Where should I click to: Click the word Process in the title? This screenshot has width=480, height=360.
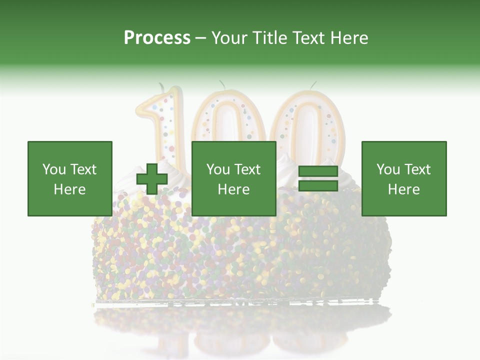point(157,38)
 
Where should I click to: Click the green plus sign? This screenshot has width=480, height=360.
point(152,178)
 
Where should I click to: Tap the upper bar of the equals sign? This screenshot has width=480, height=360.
point(318,172)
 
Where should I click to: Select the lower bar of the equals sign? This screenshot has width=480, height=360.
point(318,185)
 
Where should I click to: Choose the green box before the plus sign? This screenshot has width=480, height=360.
point(70,178)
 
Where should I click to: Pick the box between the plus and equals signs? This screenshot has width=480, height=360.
point(234,178)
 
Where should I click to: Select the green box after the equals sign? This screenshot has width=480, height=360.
point(404,178)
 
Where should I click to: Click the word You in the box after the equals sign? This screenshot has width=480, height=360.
point(387,169)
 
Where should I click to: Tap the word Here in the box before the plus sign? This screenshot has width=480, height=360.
point(70,189)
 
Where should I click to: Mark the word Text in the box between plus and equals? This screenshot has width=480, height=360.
point(247,169)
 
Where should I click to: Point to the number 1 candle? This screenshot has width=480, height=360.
point(162,125)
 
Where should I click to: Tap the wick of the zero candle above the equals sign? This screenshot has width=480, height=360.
point(313,85)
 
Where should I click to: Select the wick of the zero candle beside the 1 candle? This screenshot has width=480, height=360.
point(221,84)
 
